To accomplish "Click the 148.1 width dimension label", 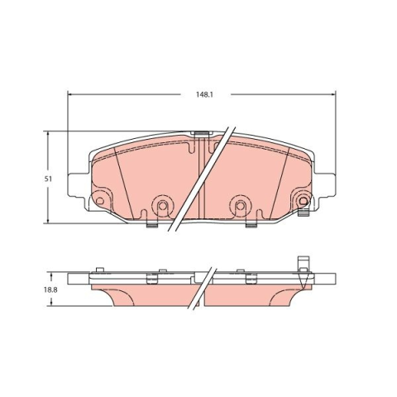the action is (205, 94).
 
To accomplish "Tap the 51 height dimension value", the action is (48, 179).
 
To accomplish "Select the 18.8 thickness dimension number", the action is (50, 289).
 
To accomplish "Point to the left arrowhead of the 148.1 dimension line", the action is (69, 94).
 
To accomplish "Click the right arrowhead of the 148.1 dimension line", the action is (333, 94).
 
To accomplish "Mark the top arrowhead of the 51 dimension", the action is (48, 133).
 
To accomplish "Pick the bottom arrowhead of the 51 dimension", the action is (48, 221).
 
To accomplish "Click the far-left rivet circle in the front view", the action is (100, 201).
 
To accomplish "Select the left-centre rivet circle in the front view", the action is (163, 206).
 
